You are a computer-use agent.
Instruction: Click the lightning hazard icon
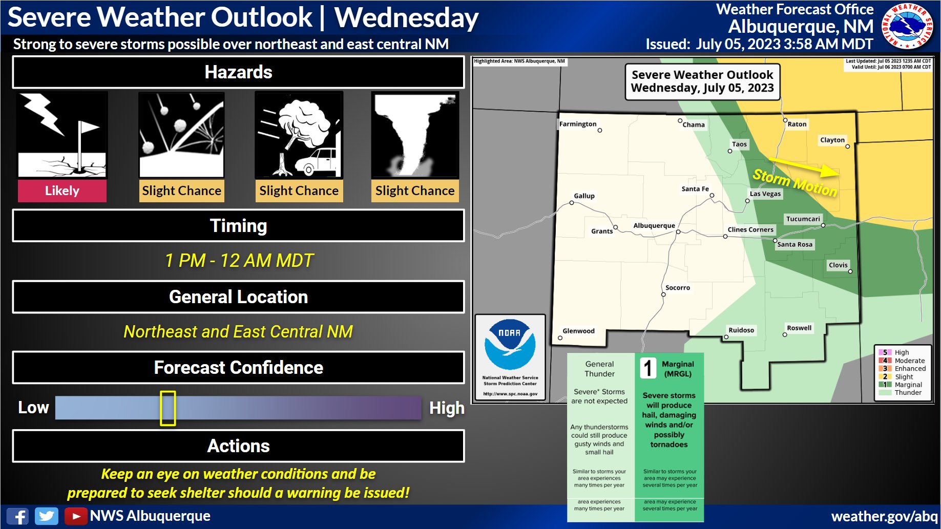62,135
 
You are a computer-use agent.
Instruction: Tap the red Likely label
62,191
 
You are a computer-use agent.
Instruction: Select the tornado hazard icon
415,135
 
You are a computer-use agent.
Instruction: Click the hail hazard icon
181,135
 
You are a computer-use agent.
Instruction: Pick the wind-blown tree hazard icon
299,135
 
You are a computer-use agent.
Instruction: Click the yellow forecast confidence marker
168,408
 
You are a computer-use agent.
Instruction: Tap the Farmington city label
578,124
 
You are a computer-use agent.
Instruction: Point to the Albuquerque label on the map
654,225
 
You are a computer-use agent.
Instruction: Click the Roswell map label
799,328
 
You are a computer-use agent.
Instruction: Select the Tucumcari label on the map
803,219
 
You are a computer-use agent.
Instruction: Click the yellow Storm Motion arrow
804,167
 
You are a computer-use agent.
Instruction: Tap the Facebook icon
18,516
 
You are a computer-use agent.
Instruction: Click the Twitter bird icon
47,516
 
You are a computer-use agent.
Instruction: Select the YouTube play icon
76,516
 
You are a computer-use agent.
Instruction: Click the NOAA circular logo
510,344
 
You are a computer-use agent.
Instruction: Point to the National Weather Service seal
907,26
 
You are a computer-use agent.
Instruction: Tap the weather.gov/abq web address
884,516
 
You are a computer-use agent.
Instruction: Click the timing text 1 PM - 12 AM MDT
239,261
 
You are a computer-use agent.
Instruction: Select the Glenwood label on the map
579,331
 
